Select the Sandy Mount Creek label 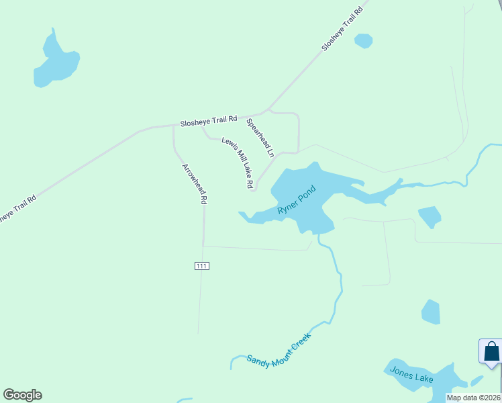[x=279, y=350]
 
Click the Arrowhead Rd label [x=194, y=183]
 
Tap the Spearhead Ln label [x=260, y=138]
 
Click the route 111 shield [x=202, y=266]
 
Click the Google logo [x=22, y=395]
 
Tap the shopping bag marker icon [x=491, y=351]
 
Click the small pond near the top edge [x=363, y=40]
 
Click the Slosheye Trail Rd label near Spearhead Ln [x=209, y=120]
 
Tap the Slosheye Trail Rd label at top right [x=342, y=28]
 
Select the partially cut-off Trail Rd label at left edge [x=16, y=209]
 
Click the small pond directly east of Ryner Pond [x=430, y=216]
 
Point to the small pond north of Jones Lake [x=431, y=312]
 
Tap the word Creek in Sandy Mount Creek [x=300, y=341]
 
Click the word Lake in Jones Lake [x=423, y=378]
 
